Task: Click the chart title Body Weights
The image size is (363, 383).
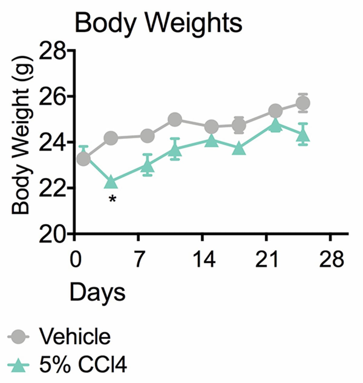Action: [158, 23]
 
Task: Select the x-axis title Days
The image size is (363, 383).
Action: [97, 292]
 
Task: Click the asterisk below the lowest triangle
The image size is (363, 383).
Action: [113, 200]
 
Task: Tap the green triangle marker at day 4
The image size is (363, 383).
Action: [111, 182]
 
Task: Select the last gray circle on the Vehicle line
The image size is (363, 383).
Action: [303, 103]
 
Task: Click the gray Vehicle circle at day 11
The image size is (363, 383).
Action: [175, 120]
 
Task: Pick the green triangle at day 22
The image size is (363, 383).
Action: [275, 125]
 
